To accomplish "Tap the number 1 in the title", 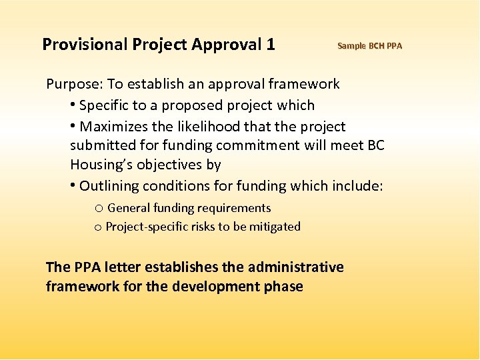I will point(270,45).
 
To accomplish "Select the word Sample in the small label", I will point(351,46).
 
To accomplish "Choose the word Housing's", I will point(97,165).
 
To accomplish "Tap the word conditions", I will point(174,186).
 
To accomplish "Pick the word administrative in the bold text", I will point(296,267).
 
